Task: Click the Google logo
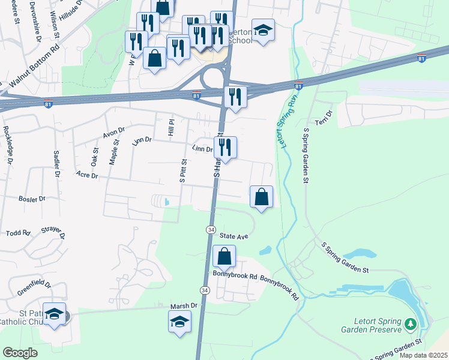[20, 353]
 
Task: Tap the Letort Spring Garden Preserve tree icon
[411, 324]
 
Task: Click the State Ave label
[234, 236]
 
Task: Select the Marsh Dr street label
[184, 305]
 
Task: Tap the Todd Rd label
[18, 232]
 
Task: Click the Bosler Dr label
[32, 198]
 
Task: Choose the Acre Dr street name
[87, 175]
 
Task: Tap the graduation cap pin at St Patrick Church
[55, 315]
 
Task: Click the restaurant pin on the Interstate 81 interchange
[235, 97]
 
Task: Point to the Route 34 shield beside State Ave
[211, 230]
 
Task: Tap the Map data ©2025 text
[423, 355]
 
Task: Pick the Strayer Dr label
[53, 230]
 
